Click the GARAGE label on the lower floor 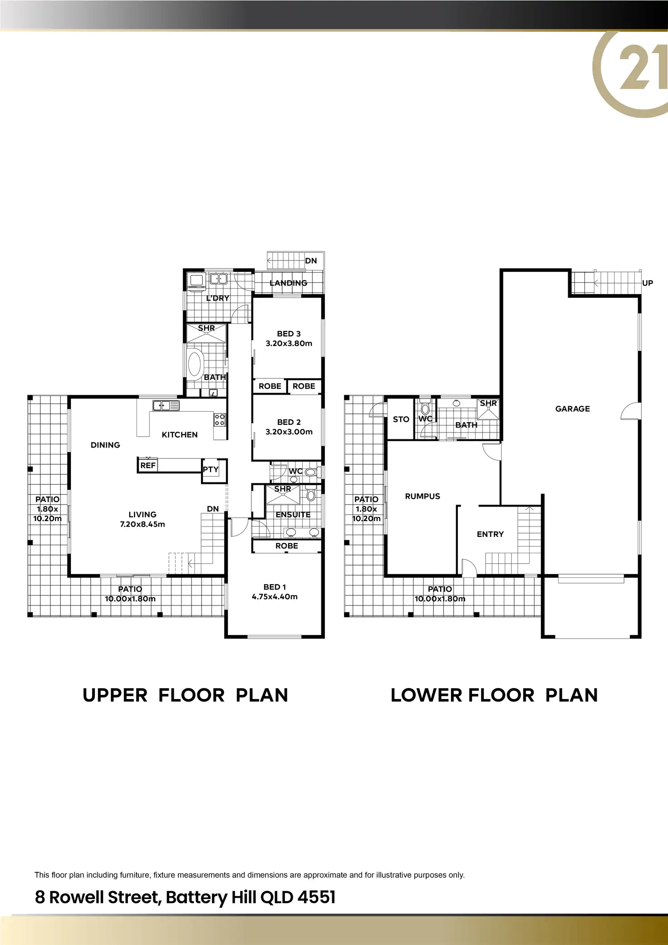572,409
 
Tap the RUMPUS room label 422,496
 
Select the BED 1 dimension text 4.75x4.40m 275,596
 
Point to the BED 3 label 289,334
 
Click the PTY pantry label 211,469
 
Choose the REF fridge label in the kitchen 147,465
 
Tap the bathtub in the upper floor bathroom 195,364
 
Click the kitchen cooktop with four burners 220,419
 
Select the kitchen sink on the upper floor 166,405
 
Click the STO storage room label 401,419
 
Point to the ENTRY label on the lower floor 490,534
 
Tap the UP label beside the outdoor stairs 647,283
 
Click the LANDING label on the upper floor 288,283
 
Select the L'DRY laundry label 217,298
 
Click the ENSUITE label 293,515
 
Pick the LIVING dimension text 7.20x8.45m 142,524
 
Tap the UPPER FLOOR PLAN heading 185,695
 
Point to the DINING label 105,445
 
